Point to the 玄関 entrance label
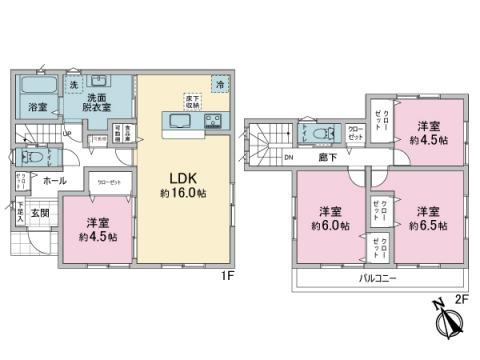[38, 214]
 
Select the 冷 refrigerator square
[221, 84]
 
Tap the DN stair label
[288, 157]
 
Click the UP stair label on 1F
[67, 133]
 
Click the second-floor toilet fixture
[326, 134]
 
